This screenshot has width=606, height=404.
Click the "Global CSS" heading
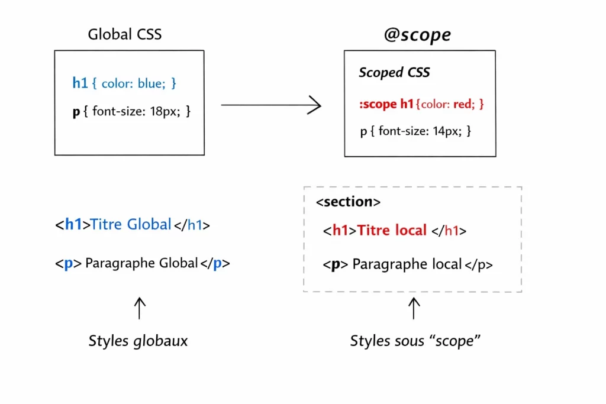tap(124, 34)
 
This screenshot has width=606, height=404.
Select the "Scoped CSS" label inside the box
tap(394, 73)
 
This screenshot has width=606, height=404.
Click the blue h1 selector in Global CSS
tap(80, 83)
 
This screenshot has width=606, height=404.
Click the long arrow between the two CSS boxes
tap(270, 105)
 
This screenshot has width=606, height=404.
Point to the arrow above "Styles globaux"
tap(139, 308)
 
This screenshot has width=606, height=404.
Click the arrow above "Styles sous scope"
tap(414, 308)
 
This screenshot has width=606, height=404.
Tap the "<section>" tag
tap(348, 202)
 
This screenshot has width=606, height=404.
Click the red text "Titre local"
tap(392, 230)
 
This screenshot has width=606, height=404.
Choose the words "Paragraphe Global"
tap(141, 263)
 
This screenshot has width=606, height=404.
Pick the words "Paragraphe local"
tap(407, 264)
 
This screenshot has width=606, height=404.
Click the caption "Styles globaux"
tap(138, 341)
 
